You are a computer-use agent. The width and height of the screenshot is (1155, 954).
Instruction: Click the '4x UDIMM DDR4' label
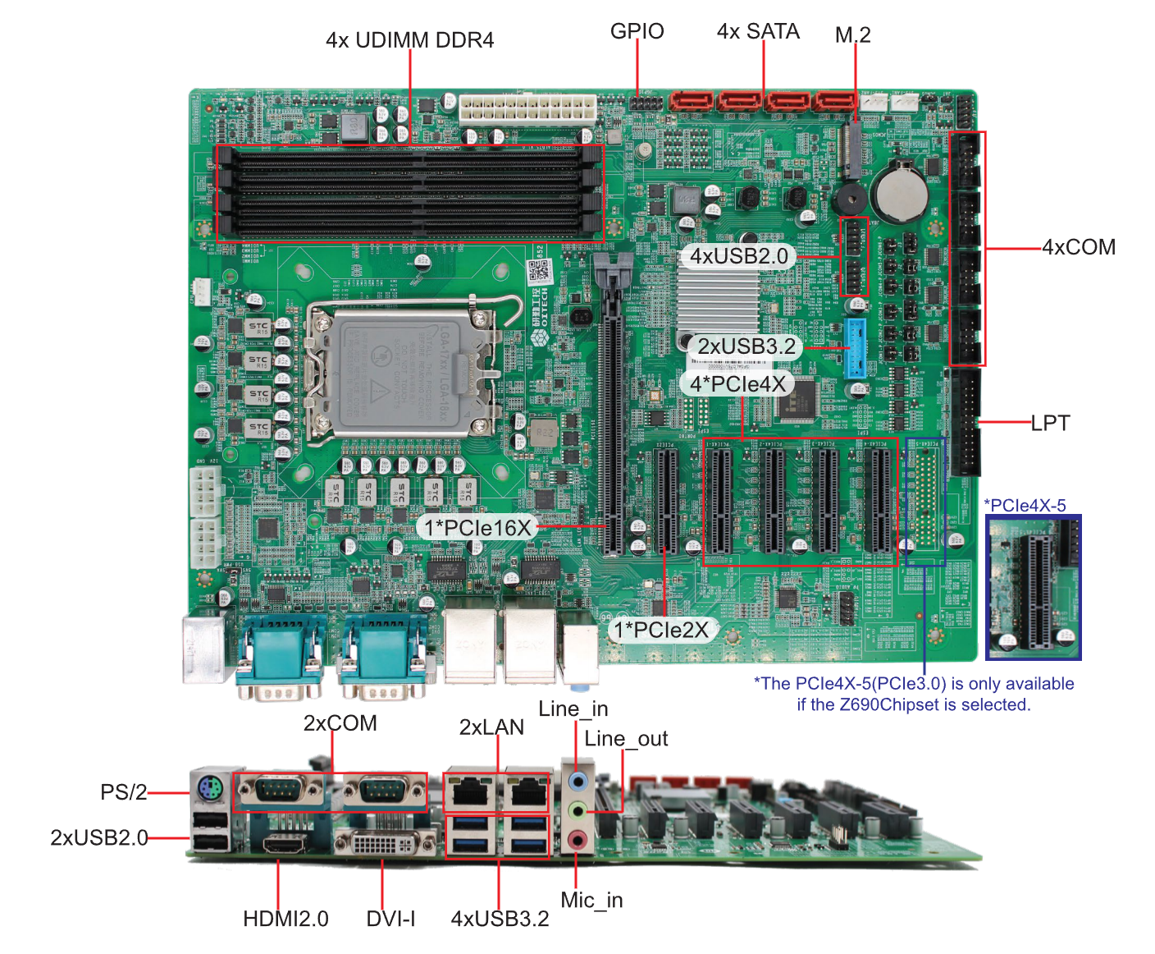coord(409,40)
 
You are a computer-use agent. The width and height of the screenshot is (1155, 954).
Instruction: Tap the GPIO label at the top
coord(637,31)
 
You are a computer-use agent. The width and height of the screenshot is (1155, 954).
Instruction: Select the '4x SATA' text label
coord(758,31)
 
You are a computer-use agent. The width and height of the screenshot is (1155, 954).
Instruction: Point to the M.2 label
coord(852,34)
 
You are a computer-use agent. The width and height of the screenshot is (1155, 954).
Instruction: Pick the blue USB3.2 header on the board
coord(855,347)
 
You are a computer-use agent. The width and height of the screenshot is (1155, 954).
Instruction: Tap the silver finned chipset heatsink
coord(718,300)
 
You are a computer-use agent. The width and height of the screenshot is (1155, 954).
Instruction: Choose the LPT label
coord(1050,423)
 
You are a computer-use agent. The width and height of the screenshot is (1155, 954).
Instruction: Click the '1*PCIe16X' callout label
coord(477,527)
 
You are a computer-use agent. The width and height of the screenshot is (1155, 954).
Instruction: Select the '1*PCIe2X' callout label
coord(661,630)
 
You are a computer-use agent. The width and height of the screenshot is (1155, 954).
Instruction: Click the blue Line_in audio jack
coord(578,779)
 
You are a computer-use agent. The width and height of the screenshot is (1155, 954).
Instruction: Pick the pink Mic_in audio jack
coord(578,839)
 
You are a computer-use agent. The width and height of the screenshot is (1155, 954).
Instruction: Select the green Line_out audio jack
coord(578,810)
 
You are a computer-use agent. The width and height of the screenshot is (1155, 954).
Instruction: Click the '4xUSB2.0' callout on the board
coord(738,256)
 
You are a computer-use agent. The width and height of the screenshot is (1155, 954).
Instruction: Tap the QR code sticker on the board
coord(538,270)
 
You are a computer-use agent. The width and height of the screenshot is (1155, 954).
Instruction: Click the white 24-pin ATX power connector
coord(527,108)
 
